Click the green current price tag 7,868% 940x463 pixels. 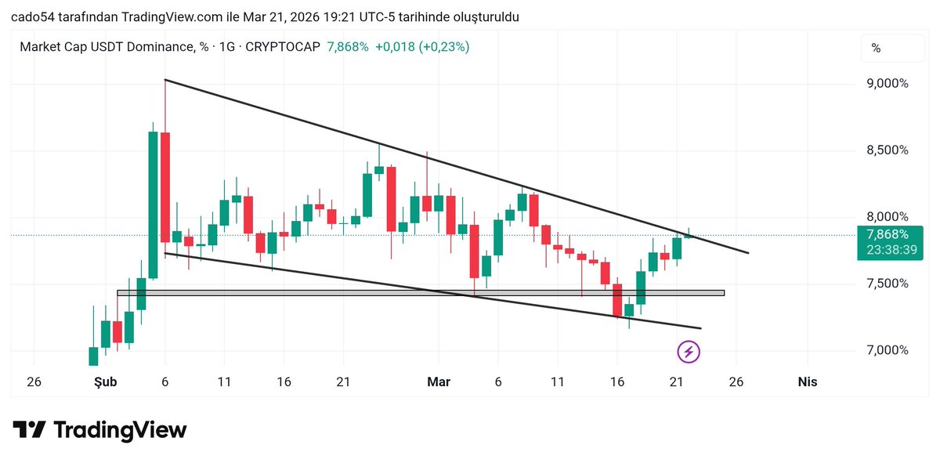[888, 234]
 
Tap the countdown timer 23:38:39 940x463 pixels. [888, 250]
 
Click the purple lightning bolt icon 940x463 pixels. [689, 352]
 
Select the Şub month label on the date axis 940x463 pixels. [105, 382]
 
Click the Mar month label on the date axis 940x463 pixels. [439, 382]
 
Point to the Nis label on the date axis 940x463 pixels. [807, 382]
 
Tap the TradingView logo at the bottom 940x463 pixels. [99, 430]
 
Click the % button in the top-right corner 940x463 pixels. [876, 49]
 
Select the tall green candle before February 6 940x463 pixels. [154, 204]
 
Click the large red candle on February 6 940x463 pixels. [165, 187]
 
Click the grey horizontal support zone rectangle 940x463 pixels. [421, 293]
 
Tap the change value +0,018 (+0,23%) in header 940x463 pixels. [422, 47]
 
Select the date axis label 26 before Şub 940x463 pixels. [34, 382]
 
